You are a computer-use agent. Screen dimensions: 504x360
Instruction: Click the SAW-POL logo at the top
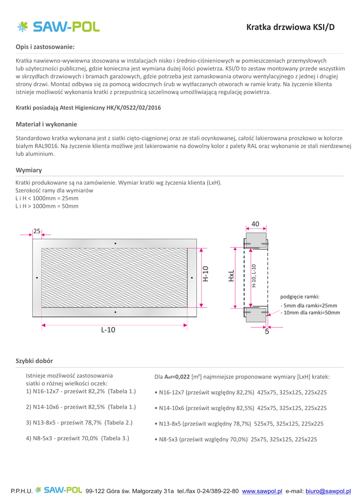coord(58,27)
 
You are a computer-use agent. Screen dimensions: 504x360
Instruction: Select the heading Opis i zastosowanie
coord(45,47)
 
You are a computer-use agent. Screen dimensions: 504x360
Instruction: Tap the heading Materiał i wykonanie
coord(46,124)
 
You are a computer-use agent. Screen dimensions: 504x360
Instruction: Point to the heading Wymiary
coord(29,170)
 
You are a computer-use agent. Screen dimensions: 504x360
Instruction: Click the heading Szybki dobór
coord(34,361)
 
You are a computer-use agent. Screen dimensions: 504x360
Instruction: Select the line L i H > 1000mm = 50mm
coord(47,206)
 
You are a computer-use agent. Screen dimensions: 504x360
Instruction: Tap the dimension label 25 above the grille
coord(37,231)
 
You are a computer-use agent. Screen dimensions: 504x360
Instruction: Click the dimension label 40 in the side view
coord(255,224)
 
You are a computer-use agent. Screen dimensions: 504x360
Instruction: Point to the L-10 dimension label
coord(108,330)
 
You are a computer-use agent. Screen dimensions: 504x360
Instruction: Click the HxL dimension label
coord(231,276)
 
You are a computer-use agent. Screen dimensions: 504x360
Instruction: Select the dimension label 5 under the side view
coord(267,332)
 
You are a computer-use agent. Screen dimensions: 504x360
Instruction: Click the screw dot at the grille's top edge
coord(115,244)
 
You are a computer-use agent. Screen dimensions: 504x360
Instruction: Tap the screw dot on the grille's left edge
coord(37,278)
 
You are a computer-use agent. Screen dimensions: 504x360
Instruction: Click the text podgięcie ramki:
coord(300,296)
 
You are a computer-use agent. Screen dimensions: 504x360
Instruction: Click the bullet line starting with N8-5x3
coord(236,439)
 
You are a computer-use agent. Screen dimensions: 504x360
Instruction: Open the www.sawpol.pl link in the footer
coord(262,491)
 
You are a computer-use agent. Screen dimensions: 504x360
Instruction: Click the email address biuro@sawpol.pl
coord(328,491)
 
